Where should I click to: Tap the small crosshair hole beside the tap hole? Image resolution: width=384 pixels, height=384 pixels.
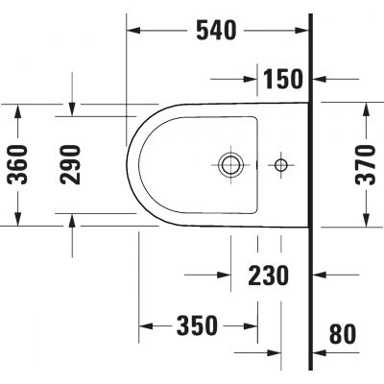pyautogui.click(x=281, y=164)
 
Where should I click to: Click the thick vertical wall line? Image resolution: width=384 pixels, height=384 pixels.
pyautogui.click(x=312, y=192)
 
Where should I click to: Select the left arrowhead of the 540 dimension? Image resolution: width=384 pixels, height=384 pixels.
pyautogui.click(x=133, y=31)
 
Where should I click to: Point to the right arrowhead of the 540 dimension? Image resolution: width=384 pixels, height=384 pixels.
pyautogui.click(x=304, y=31)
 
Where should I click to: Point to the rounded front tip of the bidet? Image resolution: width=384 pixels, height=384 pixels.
pyautogui.click(x=128, y=164)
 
